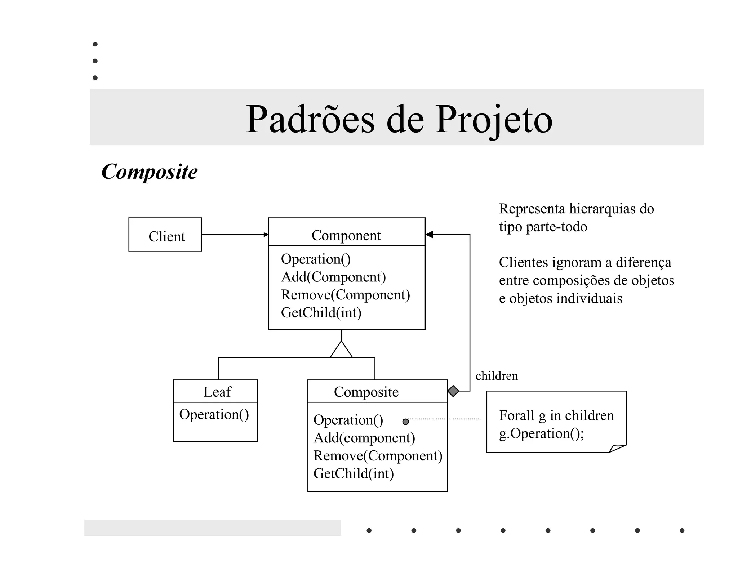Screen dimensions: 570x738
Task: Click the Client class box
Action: pyautogui.click(x=165, y=235)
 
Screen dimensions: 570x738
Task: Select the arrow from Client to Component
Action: pyautogui.click(x=235, y=235)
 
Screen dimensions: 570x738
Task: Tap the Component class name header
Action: pyautogui.click(x=346, y=235)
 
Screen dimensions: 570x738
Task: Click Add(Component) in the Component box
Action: pyautogui.click(x=333, y=277)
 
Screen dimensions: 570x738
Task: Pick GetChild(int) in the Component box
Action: pyautogui.click(x=321, y=312)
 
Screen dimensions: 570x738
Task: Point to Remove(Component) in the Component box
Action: pyautogui.click(x=345, y=295)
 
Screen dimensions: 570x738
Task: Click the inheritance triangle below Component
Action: pyautogui.click(x=341, y=350)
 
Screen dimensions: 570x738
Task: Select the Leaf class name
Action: pyautogui.click(x=217, y=392)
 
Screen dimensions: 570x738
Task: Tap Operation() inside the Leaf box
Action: pyautogui.click(x=214, y=414)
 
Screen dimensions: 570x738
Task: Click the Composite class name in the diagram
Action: pyautogui.click(x=366, y=392)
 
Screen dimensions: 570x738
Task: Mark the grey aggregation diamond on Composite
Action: pyautogui.click(x=453, y=391)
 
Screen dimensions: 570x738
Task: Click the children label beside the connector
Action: pyautogui.click(x=497, y=376)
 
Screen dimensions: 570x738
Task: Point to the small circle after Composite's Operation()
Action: pyautogui.click(x=406, y=422)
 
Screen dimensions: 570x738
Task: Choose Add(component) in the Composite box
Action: pyautogui.click(x=364, y=438)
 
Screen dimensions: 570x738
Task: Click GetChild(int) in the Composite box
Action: pyautogui.click(x=354, y=473)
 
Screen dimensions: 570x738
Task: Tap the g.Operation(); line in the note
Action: pyautogui.click(x=541, y=433)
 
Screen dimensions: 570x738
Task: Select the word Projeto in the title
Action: pyautogui.click(x=493, y=119)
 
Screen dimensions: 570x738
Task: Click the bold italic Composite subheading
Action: pyautogui.click(x=150, y=172)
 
